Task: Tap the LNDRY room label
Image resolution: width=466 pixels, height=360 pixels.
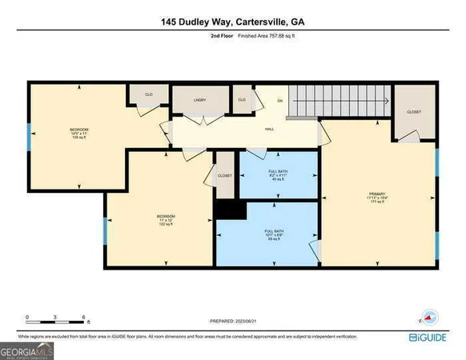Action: click(200, 100)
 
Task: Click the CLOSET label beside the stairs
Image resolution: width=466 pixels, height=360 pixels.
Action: click(413, 112)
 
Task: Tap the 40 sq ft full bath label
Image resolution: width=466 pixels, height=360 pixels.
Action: click(278, 175)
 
